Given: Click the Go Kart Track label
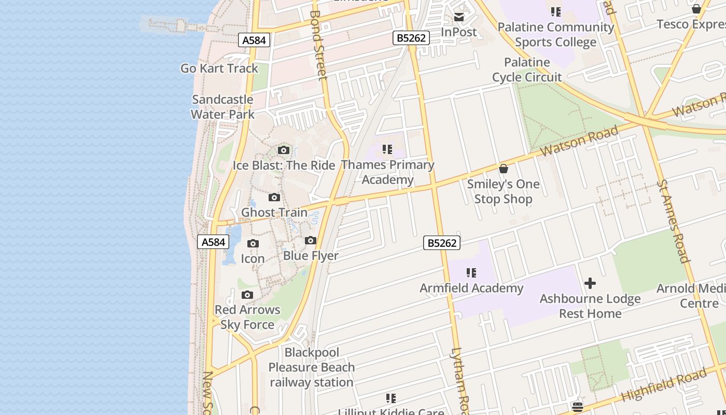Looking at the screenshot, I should [219, 68].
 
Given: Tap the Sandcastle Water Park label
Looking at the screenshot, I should [222, 107].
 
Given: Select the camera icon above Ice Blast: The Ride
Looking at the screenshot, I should [284, 150].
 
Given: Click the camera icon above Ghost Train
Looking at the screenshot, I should [274, 198].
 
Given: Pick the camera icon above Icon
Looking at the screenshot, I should [253, 244].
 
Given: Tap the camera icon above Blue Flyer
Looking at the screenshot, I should [311, 241].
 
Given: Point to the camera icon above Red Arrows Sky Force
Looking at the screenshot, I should [247, 295].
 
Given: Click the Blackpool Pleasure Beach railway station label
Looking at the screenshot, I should [312, 367].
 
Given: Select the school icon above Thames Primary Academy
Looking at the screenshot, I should [387, 150].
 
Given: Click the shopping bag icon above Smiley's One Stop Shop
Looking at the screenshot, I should [503, 169].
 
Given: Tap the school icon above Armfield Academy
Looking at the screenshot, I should [471, 273].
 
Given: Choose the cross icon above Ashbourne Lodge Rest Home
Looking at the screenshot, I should [590, 283].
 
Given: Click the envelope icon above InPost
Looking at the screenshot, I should [459, 17].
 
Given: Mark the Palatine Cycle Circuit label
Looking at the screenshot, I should [527, 70].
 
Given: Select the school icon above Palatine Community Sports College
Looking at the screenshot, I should [556, 12].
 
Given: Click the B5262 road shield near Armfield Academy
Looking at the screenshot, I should [442, 243].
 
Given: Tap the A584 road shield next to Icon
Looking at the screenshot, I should [213, 242].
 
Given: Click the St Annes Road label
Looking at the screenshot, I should [673, 221].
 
